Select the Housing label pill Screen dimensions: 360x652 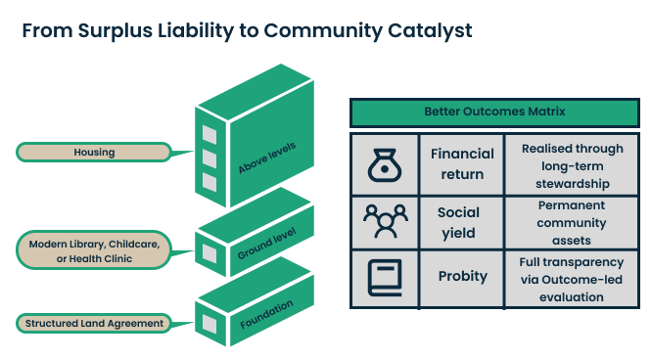(94, 152)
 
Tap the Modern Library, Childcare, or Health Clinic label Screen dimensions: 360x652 (94, 250)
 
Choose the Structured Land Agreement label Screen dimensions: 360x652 (94, 323)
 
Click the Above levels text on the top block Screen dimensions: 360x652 (266, 155)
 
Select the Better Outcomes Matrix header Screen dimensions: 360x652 (494, 112)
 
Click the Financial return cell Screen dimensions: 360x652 (462, 164)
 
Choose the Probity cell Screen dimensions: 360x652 (462, 277)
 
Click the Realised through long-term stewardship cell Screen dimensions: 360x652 (571, 164)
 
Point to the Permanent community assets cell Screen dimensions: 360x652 (571, 222)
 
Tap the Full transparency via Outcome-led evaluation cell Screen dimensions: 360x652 (571, 279)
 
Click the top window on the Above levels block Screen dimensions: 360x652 (209, 134)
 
